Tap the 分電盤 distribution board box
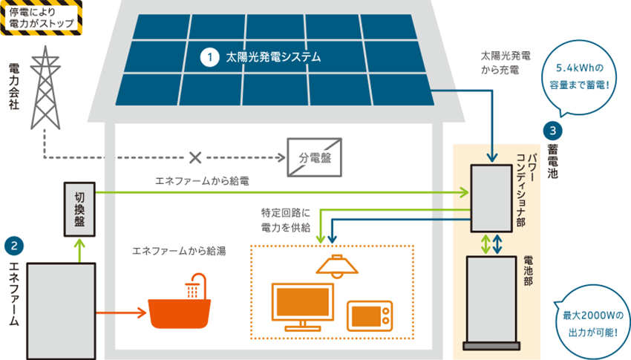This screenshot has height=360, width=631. (x=314, y=157)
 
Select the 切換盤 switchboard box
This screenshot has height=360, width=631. (x=79, y=209)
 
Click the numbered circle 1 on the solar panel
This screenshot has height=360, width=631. (x=211, y=56)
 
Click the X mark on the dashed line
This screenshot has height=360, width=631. (x=195, y=157)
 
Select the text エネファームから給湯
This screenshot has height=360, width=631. (x=179, y=250)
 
